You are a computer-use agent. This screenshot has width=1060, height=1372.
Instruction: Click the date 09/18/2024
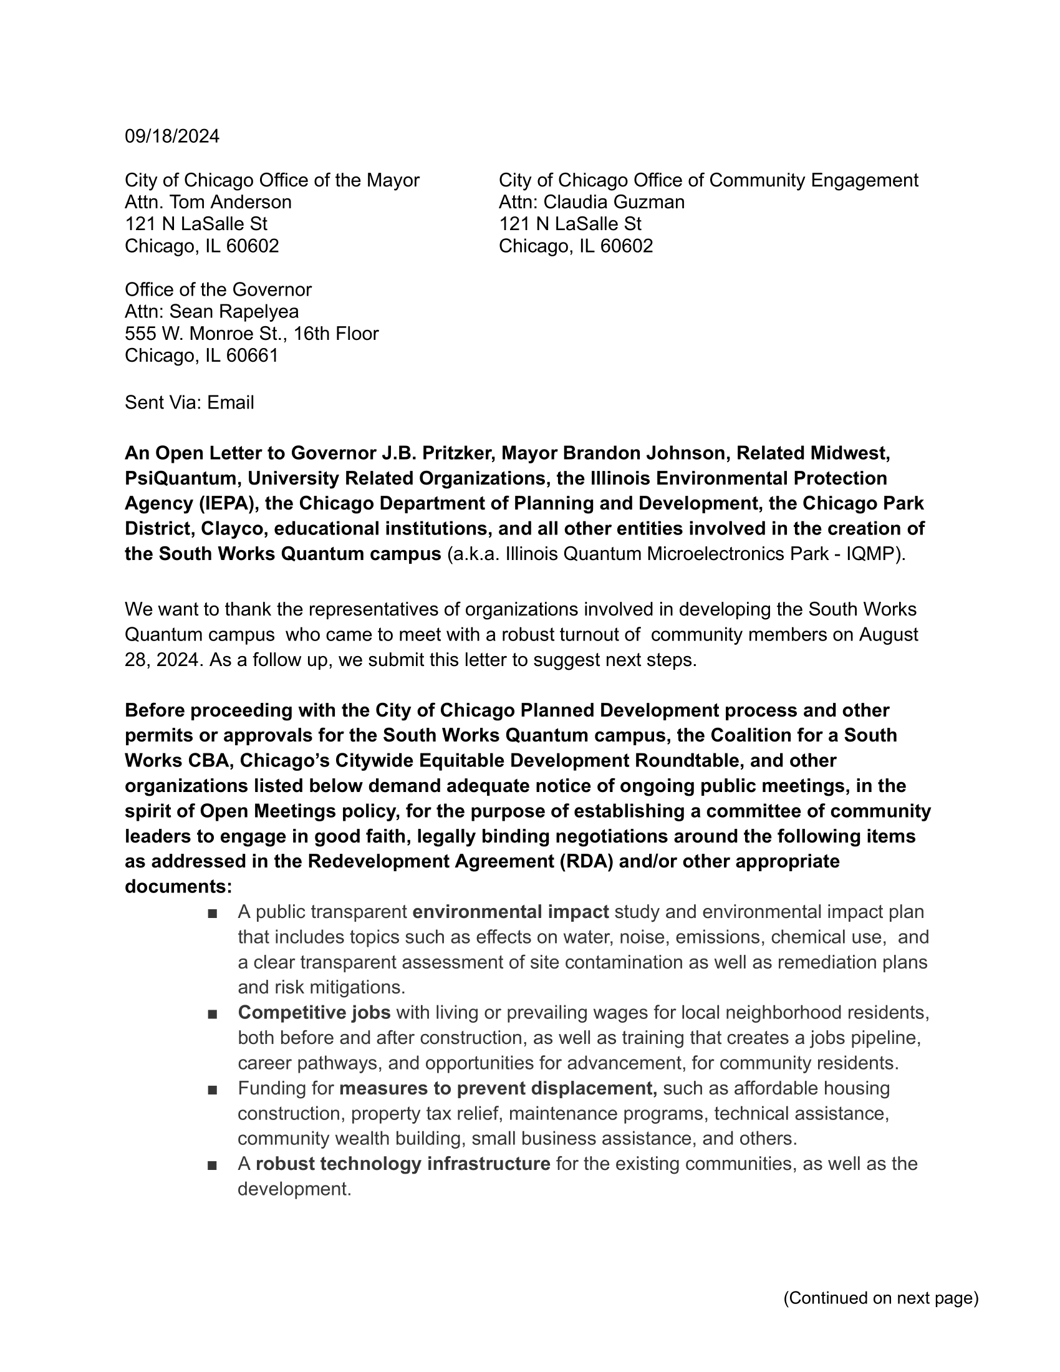click(x=172, y=137)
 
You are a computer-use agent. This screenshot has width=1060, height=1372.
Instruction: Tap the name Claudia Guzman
click(x=614, y=202)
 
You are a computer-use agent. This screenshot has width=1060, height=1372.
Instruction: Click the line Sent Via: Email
click(x=189, y=403)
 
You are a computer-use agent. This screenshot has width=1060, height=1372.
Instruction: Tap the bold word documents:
click(x=178, y=886)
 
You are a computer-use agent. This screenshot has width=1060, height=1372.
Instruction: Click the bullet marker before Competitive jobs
click(x=211, y=1013)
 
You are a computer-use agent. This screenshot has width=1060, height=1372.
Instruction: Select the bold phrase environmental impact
click(x=511, y=912)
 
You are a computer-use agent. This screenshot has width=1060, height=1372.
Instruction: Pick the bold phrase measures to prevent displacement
click(x=498, y=1088)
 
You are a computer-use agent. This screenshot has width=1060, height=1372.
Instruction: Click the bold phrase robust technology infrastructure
click(x=403, y=1164)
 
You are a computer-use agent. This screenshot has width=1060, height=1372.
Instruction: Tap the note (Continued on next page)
click(x=880, y=1298)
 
